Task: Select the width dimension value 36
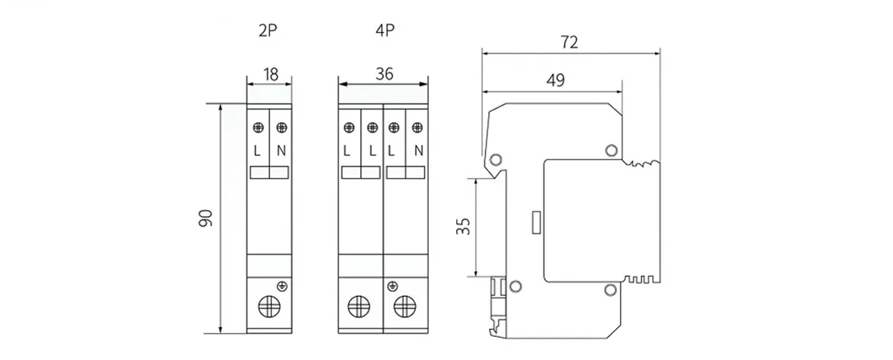pyautogui.click(x=384, y=74)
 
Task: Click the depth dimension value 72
pyautogui.click(x=569, y=42)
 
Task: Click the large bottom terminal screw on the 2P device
pyautogui.click(x=269, y=306)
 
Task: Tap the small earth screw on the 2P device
pyautogui.click(x=281, y=286)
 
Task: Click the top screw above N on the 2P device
pyautogui.click(x=281, y=127)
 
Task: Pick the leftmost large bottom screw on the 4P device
pyautogui.click(x=360, y=306)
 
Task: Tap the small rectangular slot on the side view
pyautogui.click(x=536, y=222)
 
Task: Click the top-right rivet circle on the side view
pyautogui.click(x=611, y=151)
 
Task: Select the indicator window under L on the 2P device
pyautogui.click(x=258, y=173)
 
